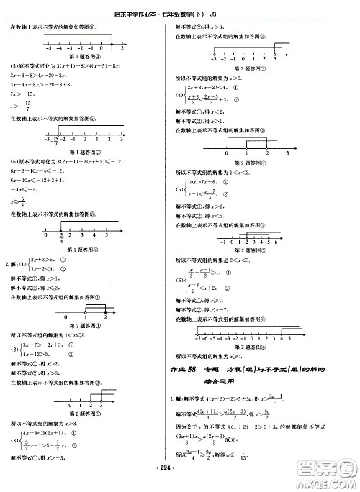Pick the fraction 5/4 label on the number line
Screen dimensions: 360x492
[x=61, y=238]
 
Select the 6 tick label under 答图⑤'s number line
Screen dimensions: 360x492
[x=276, y=242]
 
